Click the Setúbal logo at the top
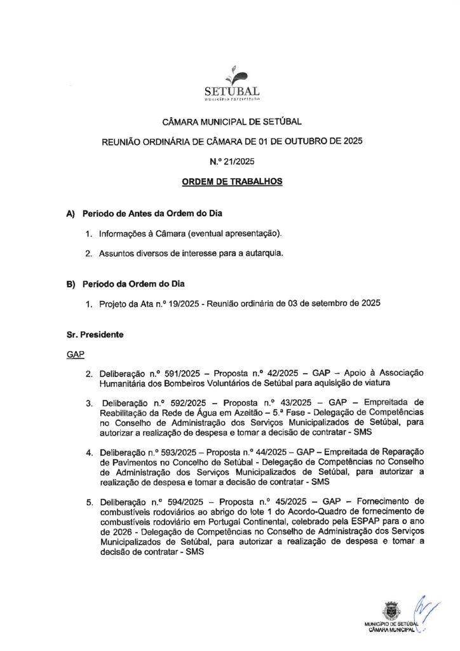[232, 83]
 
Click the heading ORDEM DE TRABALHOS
[232, 181]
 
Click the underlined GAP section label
[76, 353]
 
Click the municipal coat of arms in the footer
[388, 609]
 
